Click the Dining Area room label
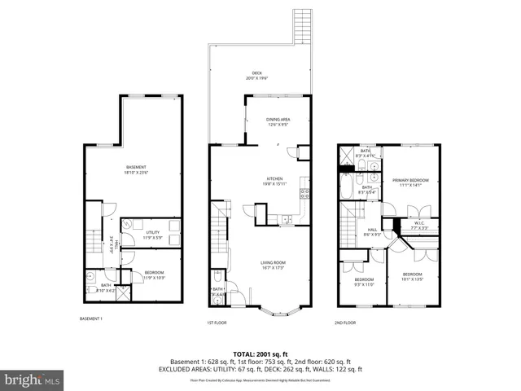[278, 122]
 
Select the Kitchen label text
[274, 182]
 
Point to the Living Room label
[272, 265]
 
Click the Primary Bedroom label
[411, 182]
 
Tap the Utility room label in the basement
[154, 235]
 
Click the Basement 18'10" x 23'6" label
[135, 169]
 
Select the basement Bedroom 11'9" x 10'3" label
[154, 275]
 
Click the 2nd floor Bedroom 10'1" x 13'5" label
[412, 277]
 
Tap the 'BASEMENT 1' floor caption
[90, 319]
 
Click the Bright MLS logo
[33, 380]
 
